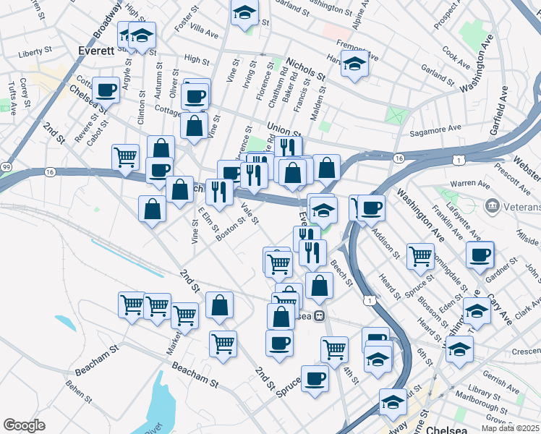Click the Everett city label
95,51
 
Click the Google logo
24,425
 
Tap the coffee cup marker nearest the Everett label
106,90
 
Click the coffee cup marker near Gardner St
479,253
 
